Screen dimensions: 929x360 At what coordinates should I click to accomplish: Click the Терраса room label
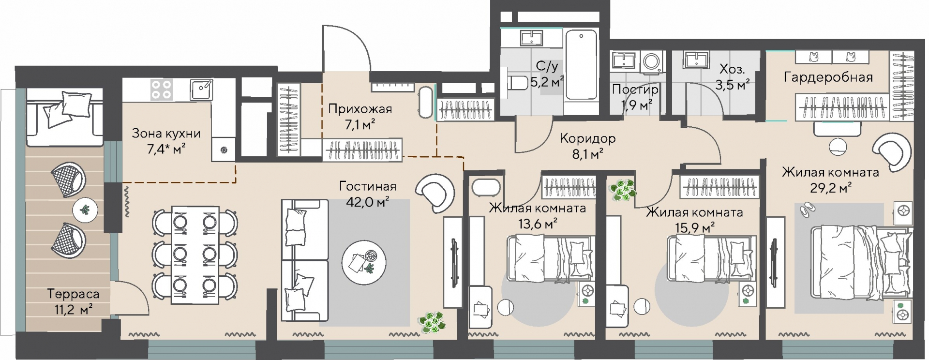point(73,294)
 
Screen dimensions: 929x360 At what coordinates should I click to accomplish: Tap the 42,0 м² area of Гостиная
point(368,201)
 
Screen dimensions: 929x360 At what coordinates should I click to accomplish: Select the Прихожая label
point(360,109)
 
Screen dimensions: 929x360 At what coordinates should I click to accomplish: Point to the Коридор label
point(588,138)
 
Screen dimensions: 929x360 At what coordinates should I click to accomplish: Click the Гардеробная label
point(828,77)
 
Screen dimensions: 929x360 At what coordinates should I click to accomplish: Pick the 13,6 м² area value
point(538,224)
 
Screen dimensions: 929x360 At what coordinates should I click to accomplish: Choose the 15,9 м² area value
point(695,227)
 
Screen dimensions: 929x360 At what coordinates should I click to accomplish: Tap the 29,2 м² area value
point(831,188)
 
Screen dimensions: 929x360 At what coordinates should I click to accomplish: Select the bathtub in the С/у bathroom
point(581,65)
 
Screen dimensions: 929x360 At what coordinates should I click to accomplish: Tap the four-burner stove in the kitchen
point(161,90)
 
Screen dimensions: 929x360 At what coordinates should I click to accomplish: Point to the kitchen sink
point(201,90)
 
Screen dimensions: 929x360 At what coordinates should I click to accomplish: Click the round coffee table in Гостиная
point(364,262)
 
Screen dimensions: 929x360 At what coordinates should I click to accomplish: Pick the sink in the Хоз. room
point(696,61)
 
